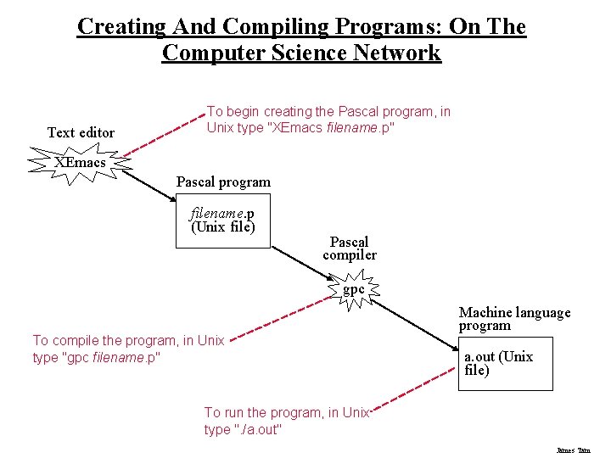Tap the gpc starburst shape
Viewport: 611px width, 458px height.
[354, 289]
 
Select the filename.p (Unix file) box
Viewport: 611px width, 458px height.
[222, 221]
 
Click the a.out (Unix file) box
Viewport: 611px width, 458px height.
[504, 364]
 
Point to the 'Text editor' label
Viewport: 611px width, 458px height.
[81, 132]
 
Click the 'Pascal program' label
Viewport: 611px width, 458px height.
[223, 182]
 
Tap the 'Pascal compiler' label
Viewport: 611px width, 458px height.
[349, 249]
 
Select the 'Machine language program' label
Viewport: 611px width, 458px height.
[514, 319]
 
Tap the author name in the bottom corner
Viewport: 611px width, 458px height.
[573, 450]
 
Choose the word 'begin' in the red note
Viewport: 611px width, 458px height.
[241, 112]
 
